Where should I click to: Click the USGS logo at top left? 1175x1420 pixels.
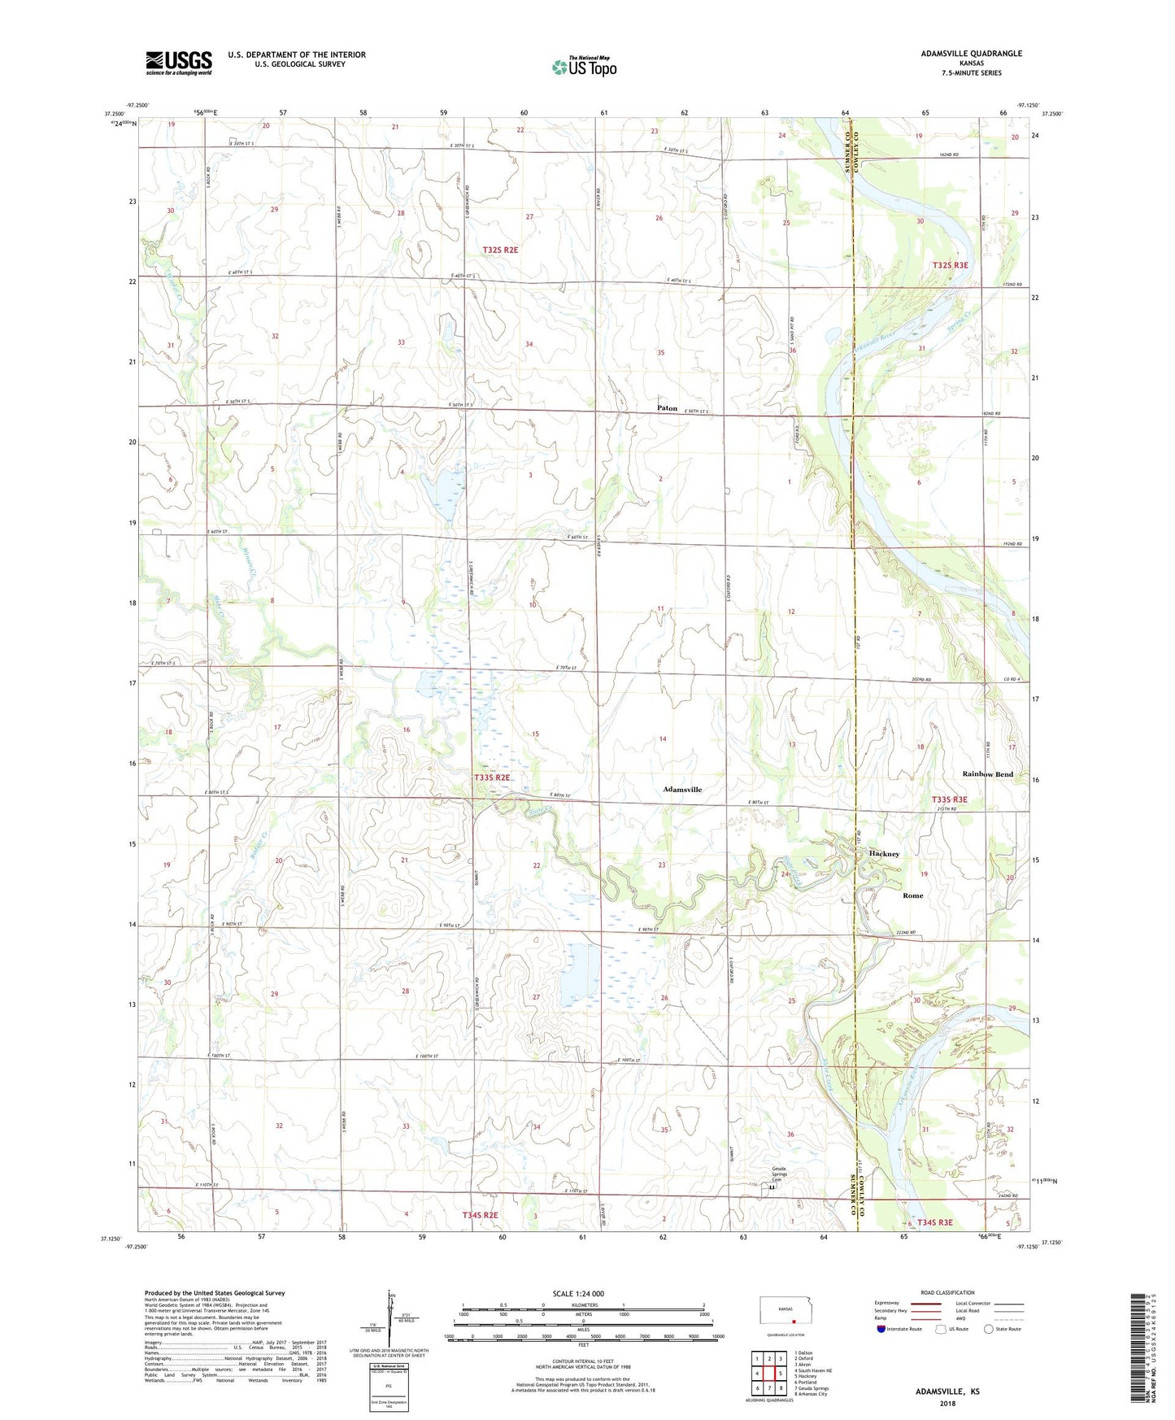pyautogui.click(x=179, y=62)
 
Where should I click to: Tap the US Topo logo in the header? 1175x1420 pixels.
pyautogui.click(x=583, y=66)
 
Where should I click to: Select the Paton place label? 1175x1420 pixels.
pyautogui.click(x=667, y=408)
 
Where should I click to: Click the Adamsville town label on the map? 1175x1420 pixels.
pyautogui.click(x=681, y=790)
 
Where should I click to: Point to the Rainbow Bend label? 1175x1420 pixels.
pyautogui.click(x=987, y=774)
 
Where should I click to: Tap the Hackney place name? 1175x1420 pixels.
pyautogui.click(x=884, y=854)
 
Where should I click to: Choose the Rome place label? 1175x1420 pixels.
pyautogui.click(x=912, y=895)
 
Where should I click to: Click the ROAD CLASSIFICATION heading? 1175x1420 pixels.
pyautogui.click(x=947, y=1292)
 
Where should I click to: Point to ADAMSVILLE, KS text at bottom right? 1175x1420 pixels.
pyautogui.click(x=947, y=1392)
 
